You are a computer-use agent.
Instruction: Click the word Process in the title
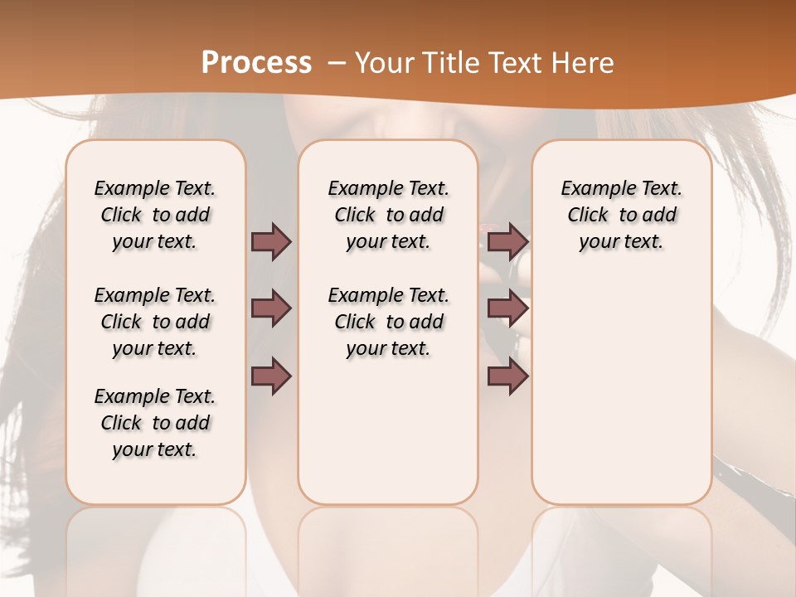pos(256,63)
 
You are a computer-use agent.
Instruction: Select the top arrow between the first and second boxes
pos(271,241)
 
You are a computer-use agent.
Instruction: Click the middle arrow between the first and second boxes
pos(271,308)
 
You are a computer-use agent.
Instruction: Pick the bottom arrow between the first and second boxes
pos(271,376)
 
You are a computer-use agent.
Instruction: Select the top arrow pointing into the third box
pos(507,241)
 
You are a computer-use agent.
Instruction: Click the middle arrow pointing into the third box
pos(507,308)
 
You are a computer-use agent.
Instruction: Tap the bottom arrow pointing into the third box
pos(507,376)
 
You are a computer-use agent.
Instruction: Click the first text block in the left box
pos(155,215)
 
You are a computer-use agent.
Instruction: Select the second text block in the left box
pos(155,322)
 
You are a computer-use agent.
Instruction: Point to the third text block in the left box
pos(155,423)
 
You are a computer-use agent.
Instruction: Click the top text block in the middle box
pos(388,215)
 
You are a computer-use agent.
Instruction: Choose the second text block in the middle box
pos(388,322)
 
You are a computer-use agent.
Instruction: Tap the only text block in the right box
pos(621,215)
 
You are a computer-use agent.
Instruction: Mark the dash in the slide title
pos(337,63)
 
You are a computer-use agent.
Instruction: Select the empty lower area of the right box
pos(621,381)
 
